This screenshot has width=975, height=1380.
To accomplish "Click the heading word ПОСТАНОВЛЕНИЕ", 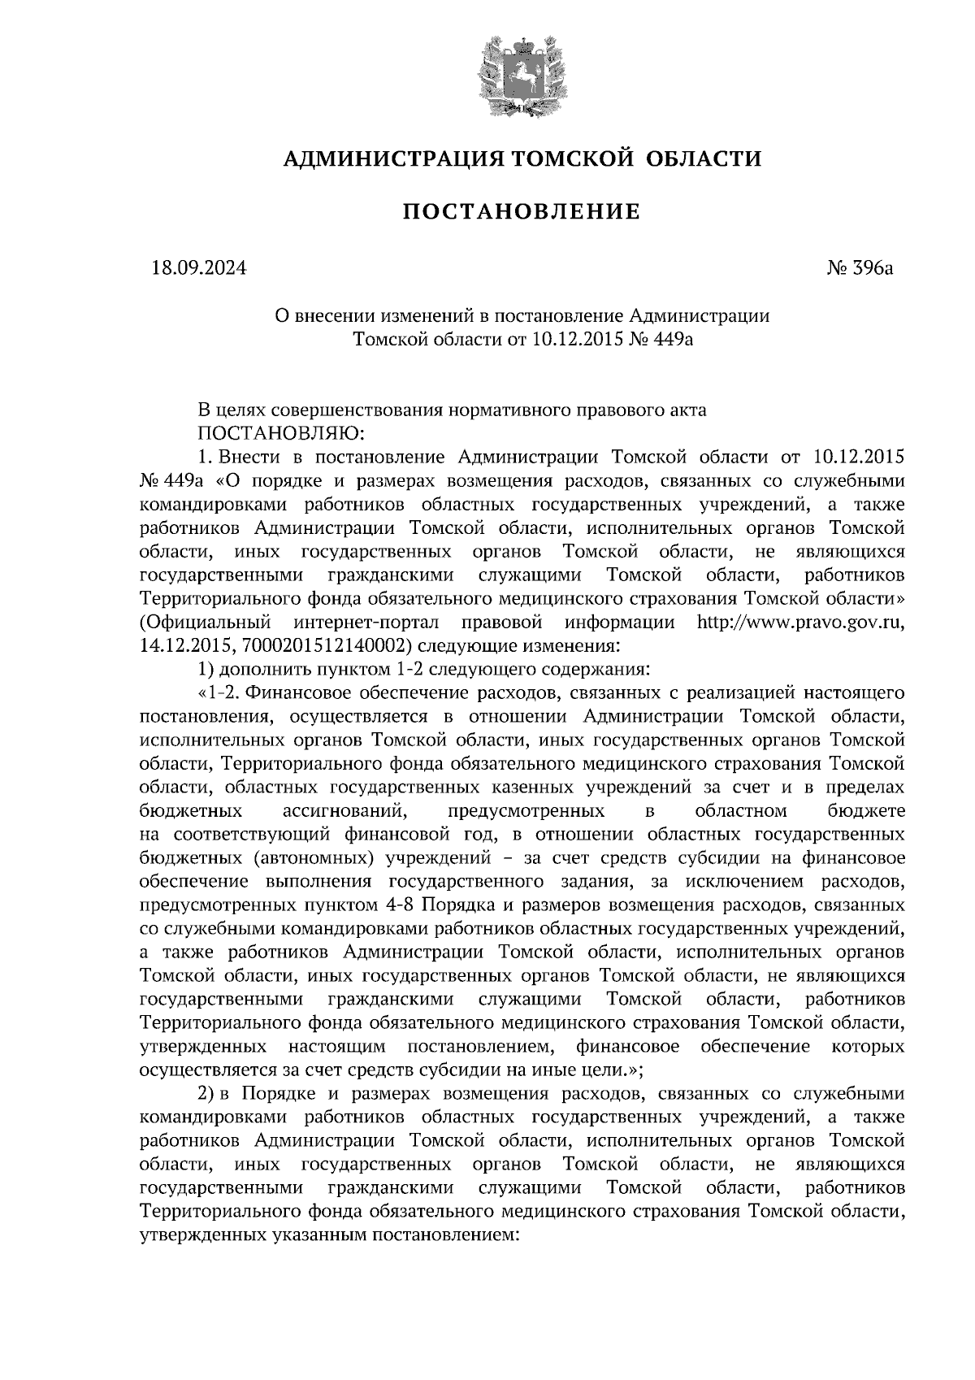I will [522, 213].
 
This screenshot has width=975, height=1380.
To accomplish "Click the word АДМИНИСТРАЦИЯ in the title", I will [392, 158].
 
